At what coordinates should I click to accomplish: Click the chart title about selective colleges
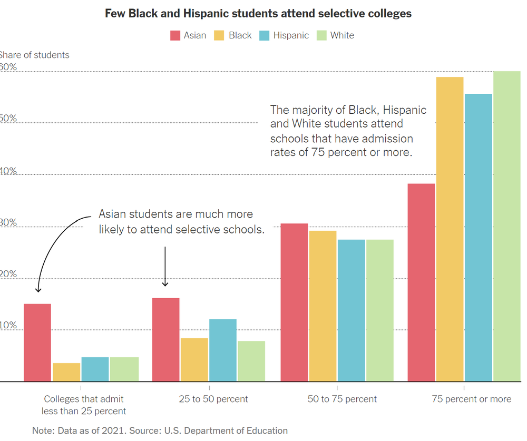258,14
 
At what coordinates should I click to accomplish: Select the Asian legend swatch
175,36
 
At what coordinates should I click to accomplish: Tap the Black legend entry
233,36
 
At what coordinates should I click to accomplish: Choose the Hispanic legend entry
284,36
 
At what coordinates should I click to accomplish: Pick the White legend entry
335,36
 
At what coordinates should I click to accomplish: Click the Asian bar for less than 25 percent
37,342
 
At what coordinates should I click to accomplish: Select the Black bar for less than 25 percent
66,372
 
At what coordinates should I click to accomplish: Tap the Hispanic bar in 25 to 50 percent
222,350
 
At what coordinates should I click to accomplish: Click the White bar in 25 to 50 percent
251,361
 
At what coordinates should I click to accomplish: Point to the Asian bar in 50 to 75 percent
294,302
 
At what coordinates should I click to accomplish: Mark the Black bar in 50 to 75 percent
323,306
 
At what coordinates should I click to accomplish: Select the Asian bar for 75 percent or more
421,282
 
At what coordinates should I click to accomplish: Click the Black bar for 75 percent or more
450,229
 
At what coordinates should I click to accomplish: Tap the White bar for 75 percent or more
506,227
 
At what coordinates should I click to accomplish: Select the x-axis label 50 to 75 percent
342,399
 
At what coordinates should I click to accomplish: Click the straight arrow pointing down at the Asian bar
165,267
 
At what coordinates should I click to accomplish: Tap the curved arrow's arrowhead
37,289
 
